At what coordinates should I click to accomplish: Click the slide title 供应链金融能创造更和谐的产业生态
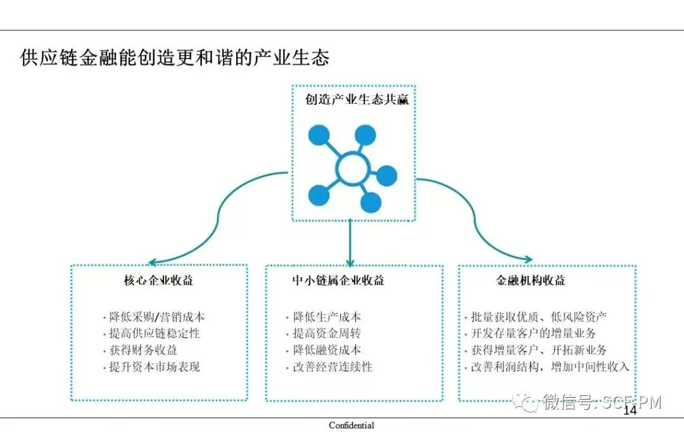[x=175, y=58]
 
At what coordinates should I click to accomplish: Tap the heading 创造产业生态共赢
[x=357, y=99]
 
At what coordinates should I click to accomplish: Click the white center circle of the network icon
[x=353, y=168]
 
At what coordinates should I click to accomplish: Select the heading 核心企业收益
[x=158, y=280]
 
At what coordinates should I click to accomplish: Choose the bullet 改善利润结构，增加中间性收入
[x=550, y=366]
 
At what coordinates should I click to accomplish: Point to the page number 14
[x=630, y=411]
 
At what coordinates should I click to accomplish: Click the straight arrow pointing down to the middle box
[x=349, y=244]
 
